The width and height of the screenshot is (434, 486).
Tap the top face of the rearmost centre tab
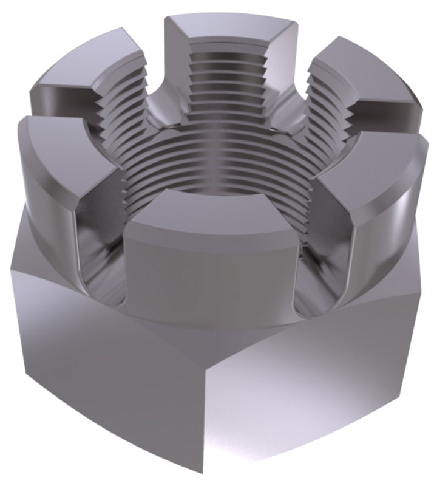pyautogui.click(x=234, y=27)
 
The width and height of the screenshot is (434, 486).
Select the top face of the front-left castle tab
pyautogui.click(x=58, y=140)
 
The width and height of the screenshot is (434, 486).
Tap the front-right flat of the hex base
pyautogui.click(x=316, y=389)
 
